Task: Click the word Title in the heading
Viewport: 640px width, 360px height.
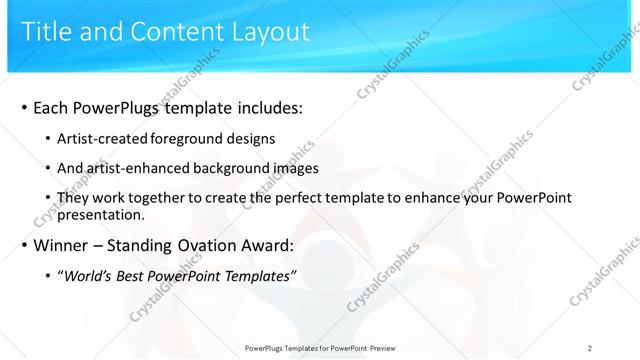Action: tap(45, 32)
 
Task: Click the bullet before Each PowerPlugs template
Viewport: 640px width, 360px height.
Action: tap(23, 107)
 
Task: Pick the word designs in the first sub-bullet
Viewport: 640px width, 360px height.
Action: tap(250, 138)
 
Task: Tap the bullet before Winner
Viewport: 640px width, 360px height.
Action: tap(23, 245)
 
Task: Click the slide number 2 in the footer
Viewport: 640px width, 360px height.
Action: tap(590, 348)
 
